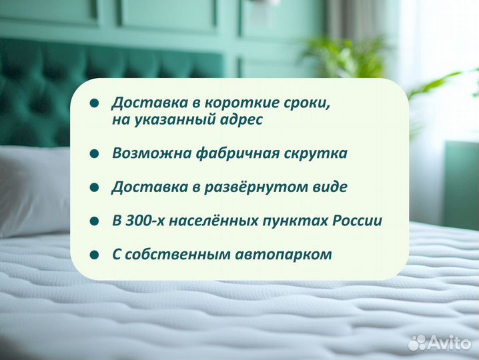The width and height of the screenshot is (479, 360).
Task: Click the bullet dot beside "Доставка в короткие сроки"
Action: (95, 103)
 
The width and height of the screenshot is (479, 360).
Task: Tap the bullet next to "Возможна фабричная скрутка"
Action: (95, 153)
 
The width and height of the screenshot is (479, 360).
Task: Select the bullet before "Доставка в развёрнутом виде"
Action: (95, 187)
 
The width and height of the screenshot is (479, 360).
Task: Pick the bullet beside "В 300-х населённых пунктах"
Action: (95, 221)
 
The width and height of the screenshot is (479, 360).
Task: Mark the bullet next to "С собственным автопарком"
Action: (95, 255)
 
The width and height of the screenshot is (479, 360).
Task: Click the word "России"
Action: (358, 221)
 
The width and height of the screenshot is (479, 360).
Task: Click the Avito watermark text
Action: (449, 343)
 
